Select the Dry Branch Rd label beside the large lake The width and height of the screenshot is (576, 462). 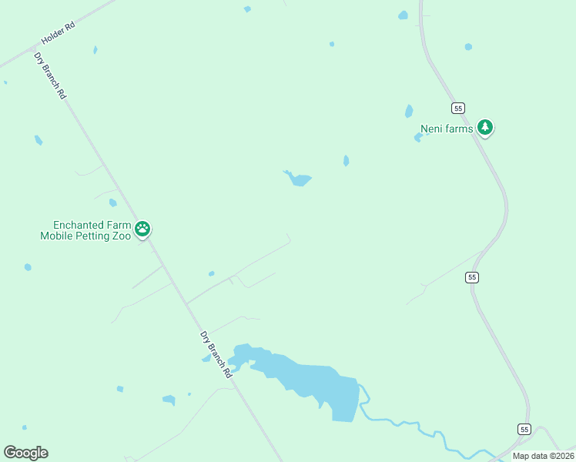point(216,354)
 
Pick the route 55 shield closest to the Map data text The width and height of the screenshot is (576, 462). point(524,429)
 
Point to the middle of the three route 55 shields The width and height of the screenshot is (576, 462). point(472,276)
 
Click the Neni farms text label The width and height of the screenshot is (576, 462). point(446,129)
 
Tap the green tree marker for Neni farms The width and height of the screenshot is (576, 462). point(484,127)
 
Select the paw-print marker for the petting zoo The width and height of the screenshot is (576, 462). point(142,229)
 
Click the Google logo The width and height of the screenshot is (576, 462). point(25,453)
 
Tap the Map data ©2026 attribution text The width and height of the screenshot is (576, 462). point(543,456)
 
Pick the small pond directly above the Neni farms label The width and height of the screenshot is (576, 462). point(409,112)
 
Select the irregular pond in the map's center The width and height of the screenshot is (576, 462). point(298,179)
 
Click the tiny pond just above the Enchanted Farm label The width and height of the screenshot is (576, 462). point(112,203)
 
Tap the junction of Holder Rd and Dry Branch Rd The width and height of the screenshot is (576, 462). point(33,49)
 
